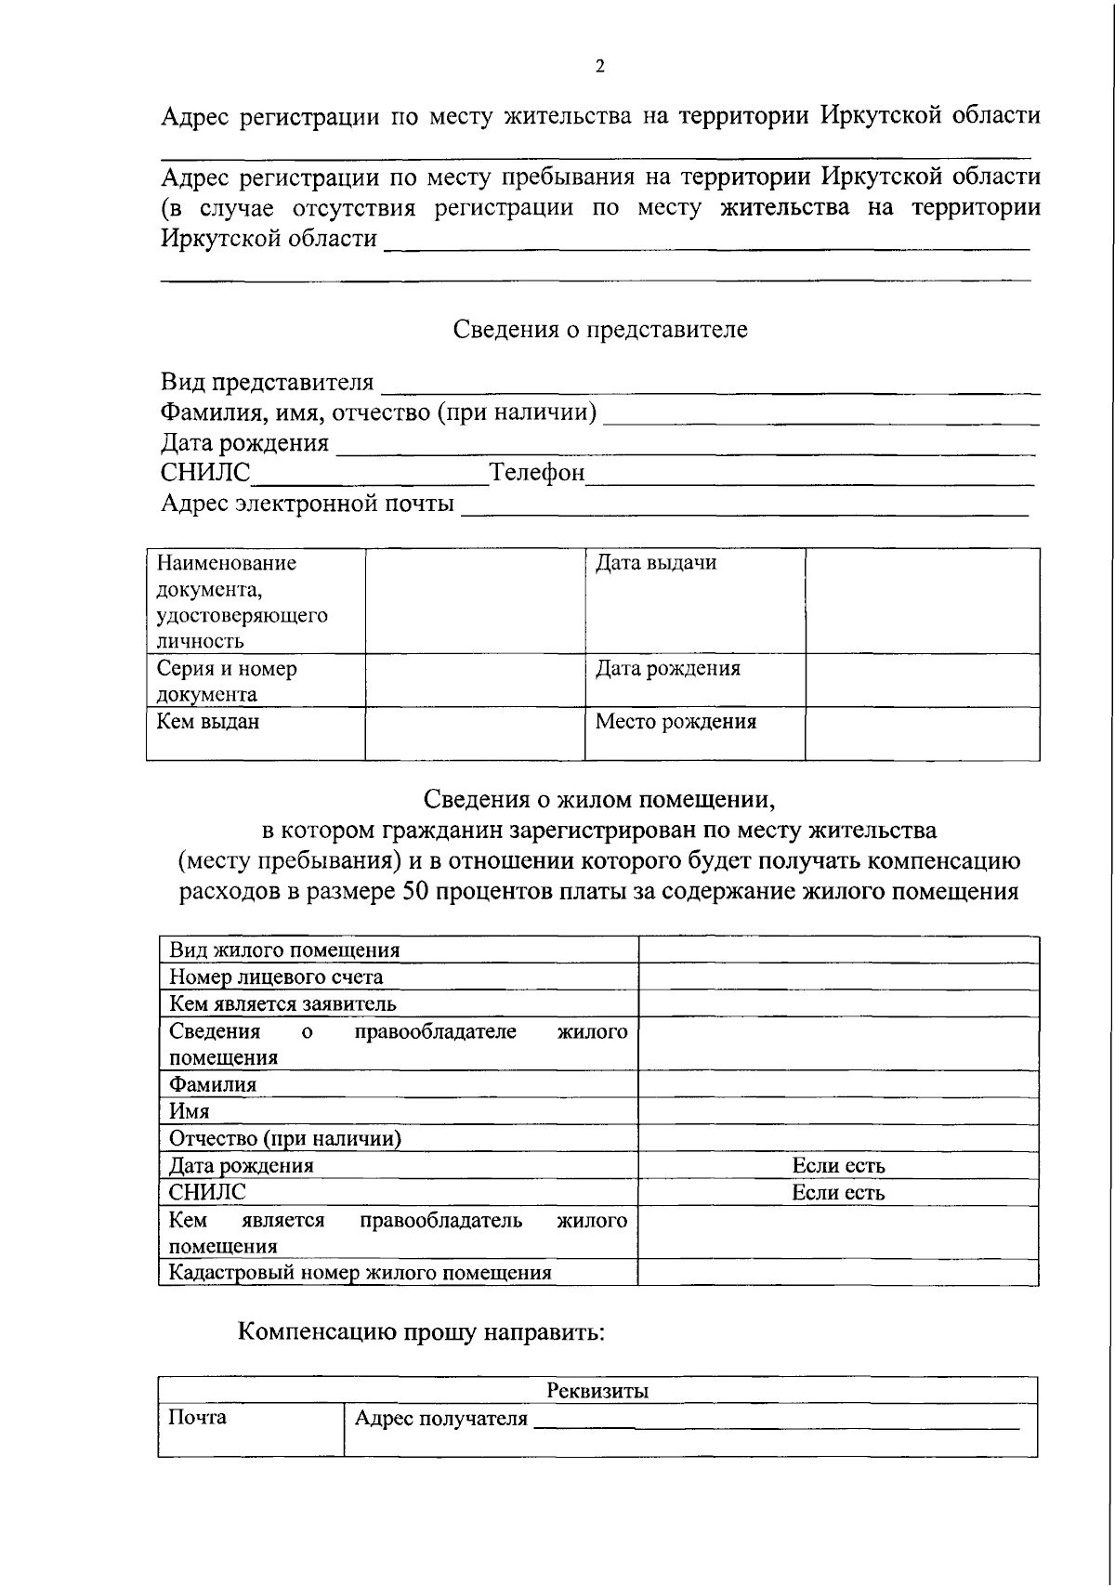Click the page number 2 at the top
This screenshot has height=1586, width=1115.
pyautogui.click(x=599, y=66)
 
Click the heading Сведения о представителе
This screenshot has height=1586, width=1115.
pyautogui.click(x=599, y=330)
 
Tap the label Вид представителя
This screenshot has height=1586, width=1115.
pyautogui.click(x=268, y=382)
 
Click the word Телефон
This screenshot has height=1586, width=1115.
pyautogui.click(x=537, y=473)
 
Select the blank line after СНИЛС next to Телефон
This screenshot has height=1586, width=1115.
pyautogui.click(x=370, y=476)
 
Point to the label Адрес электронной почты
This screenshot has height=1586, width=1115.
pyautogui.click(x=308, y=504)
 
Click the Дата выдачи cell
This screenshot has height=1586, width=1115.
pyautogui.click(x=656, y=563)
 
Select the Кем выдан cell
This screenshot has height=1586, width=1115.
pyautogui.click(x=208, y=722)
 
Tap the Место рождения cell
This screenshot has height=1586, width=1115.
pyautogui.click(x=676, y=722)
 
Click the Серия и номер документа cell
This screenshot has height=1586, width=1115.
pyautogui.click(x=227, y=681)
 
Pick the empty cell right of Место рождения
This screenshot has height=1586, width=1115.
pyautogui.click(x=922, y=734)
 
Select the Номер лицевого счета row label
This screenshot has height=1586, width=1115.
pyautogui.click(x=276, y=977)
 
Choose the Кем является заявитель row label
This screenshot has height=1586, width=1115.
pyautogui.click(x=282, y=1003)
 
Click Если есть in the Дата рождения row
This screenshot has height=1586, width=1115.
pyautogui.click(x=838, y=1165)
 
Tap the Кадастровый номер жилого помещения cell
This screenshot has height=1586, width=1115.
pyautogui.click(x=361, y=1273)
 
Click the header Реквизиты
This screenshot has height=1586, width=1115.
pyautogui.click(x=597, y=1391)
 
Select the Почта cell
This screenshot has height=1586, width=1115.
pyautogui.click(x=197, y=1418)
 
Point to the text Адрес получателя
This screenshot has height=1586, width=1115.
pyautogui.click(x=441, y=1419)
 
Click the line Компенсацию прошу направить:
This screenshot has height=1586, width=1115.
pyautogui.click(x=421, y=1332)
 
